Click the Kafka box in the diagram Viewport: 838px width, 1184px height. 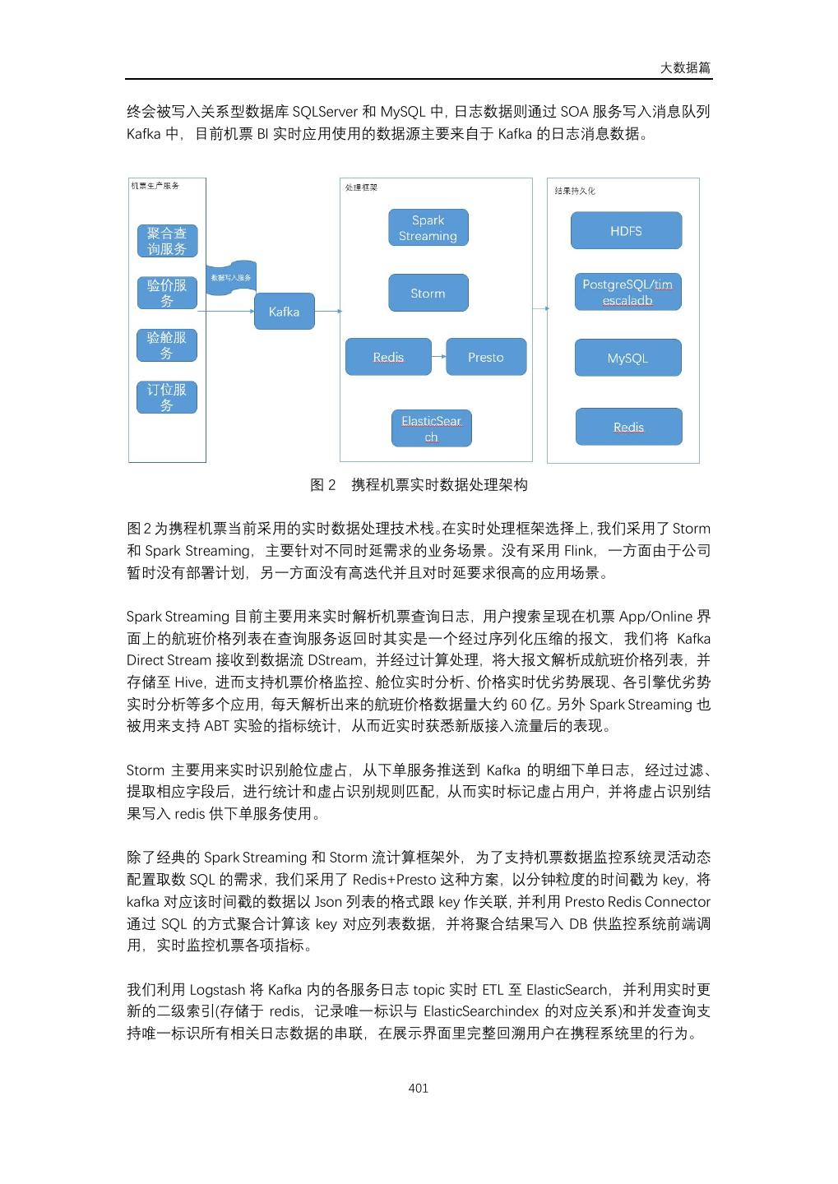[x=284, y=312]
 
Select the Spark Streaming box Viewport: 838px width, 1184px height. [x=428, y=228]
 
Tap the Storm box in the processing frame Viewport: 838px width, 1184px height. [x=428, y=294]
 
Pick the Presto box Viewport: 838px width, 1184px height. [x=485, y=357]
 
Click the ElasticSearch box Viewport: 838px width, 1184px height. [x=431, y=428]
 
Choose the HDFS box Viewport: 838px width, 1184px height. [x=626, y=231]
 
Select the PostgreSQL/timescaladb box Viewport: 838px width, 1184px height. [x=627, y=292]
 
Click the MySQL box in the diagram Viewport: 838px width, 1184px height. [x=627, y=358]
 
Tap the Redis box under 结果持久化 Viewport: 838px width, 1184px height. [x=628, y=427]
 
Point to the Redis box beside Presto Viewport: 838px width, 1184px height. [x=388, y=357]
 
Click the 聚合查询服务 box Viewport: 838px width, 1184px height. [x=167, y=241]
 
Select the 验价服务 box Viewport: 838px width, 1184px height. [x=167, y=293]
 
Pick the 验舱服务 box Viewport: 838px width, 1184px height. [x=167, y=345]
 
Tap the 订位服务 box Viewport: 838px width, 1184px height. [x=167, y=397]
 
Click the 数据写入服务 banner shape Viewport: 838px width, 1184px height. [x=231, y=277]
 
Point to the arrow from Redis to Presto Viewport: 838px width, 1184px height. [x=438, y=357]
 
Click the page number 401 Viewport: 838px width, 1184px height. [x=419, y=1088]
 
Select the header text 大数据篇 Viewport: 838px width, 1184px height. [x=685, y=67]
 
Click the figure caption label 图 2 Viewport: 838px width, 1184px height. [x=323, y=485]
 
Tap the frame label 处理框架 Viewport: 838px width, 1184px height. [x=362, y=188]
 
